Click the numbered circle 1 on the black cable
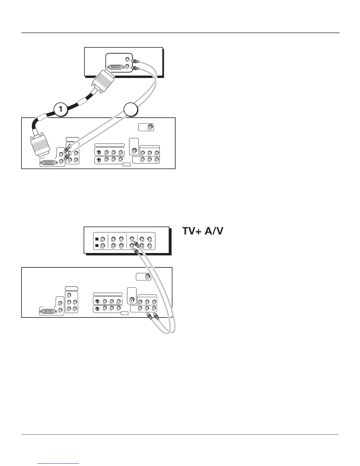click(61, 109)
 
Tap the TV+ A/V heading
click(203, 231)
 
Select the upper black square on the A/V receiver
click(96, 239)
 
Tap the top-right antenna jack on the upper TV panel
click(150, 127)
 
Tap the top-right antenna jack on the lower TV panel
click(147, 277)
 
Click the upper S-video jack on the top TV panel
click(99, 152)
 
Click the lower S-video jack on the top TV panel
click(99, 160)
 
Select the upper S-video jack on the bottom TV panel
click(97, 301)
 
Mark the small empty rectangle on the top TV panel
click(126, 164)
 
